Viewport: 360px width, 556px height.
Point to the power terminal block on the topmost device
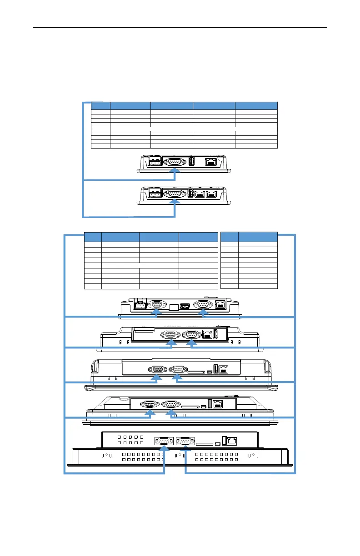[x=155, y=163]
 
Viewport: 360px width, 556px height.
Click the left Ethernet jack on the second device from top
[x=200, y=194]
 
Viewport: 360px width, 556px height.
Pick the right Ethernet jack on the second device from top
[x=211, y=194]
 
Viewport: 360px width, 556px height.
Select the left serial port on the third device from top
[x=156, y=305]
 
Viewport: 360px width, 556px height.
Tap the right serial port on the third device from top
[x=202, y=305]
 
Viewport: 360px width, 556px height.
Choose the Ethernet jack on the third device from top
[x=221, y=305]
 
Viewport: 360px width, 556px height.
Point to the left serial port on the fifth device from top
[x=158, y=369]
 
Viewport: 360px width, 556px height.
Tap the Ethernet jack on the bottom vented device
[x=233, y=441]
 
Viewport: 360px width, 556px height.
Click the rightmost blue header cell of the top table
[x=256, y=105]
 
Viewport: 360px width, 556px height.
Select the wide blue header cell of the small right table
[x=258, y=236]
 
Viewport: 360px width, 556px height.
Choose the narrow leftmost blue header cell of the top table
[x=100, y=105]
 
